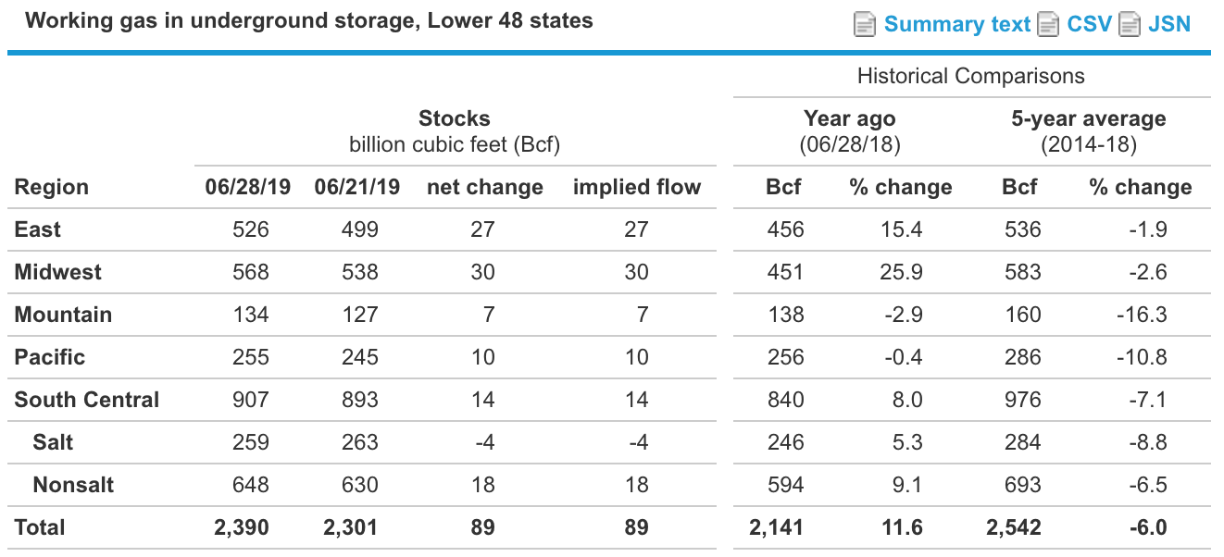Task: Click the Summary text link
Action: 956,24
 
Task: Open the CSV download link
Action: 1089,24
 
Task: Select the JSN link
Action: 1168,24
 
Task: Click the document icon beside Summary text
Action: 864,24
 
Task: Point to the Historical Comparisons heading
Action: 970,76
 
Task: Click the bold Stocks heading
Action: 454,118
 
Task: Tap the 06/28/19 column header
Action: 247,187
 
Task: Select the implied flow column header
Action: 637,187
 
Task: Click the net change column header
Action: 484,187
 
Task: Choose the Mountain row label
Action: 63,315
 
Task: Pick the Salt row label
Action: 53,442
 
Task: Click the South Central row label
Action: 87,400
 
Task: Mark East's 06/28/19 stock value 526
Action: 251,229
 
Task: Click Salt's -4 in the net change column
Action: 484,442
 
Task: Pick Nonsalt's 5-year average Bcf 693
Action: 1022,485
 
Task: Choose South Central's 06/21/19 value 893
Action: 359,400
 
